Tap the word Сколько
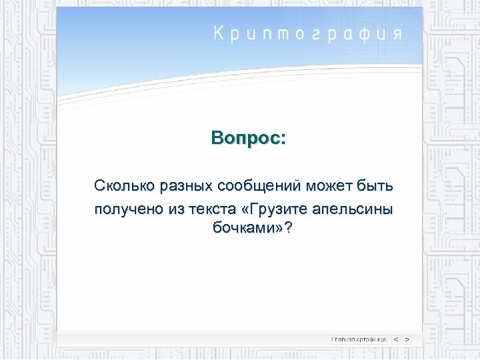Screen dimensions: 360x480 118,184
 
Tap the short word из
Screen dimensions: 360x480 177,209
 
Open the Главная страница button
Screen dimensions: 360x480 359,339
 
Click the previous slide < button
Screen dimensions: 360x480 395,339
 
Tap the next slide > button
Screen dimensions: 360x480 407,339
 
